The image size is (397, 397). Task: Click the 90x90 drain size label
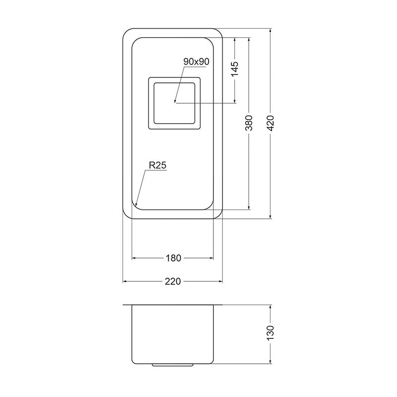(x=196, y=62)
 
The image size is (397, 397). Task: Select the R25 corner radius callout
(x=157, y=165)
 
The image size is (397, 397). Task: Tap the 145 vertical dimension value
(x=235, y=68)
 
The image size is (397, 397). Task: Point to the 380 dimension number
(x=249, y=123)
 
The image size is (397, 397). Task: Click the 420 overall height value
(x=270, y=123)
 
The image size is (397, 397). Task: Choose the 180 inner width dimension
(x=173, y=258)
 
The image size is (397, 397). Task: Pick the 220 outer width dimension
(x=173, y=281)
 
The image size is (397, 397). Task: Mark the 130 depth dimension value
(x=270, y=333)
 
